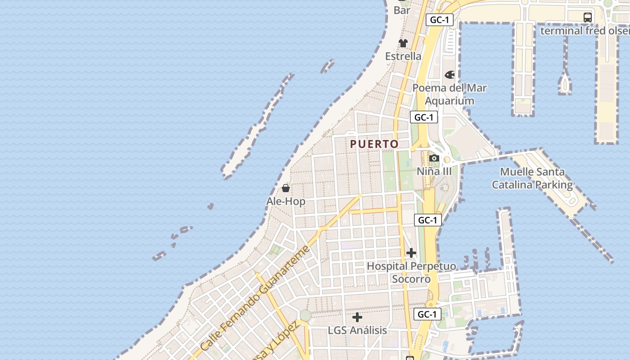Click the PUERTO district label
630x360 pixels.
[x=374, y=144]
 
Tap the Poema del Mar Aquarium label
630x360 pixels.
[x=450, y=94]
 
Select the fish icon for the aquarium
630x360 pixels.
[x=450, y=75]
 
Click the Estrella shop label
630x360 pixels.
[x=403, y=56]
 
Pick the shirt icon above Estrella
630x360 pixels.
[x=403, y=43]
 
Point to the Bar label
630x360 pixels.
[x=402, y=10]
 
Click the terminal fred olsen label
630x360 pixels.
[x=585, y=31]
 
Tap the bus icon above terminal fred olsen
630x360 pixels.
[x=587, y=18]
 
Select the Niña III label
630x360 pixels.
[x=434, y=171]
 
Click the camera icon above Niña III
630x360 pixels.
[x=434, y=158]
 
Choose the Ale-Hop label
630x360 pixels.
[x=286, y=201]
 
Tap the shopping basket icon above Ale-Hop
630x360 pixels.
[x=285, y=188]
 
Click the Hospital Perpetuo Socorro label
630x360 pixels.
[x=411, y=272]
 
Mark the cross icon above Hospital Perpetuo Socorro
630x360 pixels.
[x=411, y=253]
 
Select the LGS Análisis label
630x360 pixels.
[x=357, y=330]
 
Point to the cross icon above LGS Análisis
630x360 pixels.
[x=357, y=317]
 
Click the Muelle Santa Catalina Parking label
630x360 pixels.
[x=532, y=178]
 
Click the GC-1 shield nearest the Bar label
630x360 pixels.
[x=439, y=20]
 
